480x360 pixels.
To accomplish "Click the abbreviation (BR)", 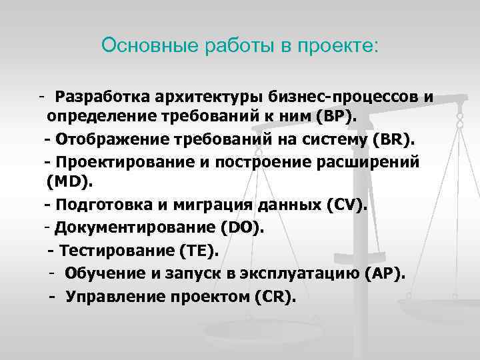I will tap(393, 140).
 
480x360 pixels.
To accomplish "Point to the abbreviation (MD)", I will tap(71, 183).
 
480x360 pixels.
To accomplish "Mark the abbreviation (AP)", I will tap(385, 274).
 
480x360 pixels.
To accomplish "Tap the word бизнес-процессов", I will tap(346, 97).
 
